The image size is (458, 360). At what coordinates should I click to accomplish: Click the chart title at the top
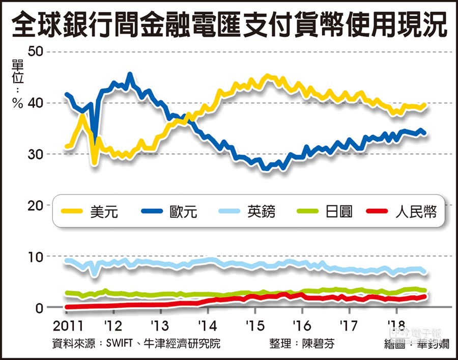tap(229, 24)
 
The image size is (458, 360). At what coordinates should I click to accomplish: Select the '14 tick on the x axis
tap(206, 325)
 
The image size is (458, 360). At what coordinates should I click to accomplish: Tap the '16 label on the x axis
tap(302, 325)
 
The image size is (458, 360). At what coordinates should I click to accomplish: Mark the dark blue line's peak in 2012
tap(130, 75)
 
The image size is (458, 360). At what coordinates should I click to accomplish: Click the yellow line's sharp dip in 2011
tap(94, 163)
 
